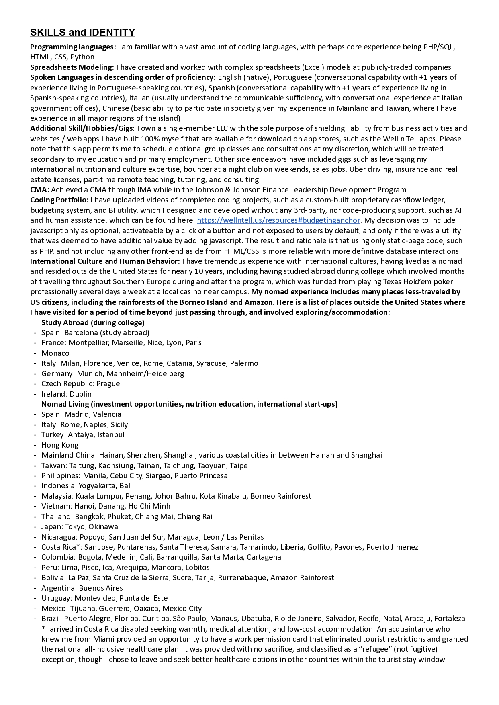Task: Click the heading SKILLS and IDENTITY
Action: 82,33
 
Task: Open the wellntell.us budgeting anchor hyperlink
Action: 278,220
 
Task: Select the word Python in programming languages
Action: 82,57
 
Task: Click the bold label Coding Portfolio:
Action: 59,200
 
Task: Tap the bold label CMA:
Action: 40,189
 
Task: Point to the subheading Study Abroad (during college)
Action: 93,322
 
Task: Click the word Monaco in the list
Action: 55,353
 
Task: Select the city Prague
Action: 108,383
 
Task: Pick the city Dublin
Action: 81,394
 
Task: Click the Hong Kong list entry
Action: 60,445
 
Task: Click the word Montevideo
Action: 95,598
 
